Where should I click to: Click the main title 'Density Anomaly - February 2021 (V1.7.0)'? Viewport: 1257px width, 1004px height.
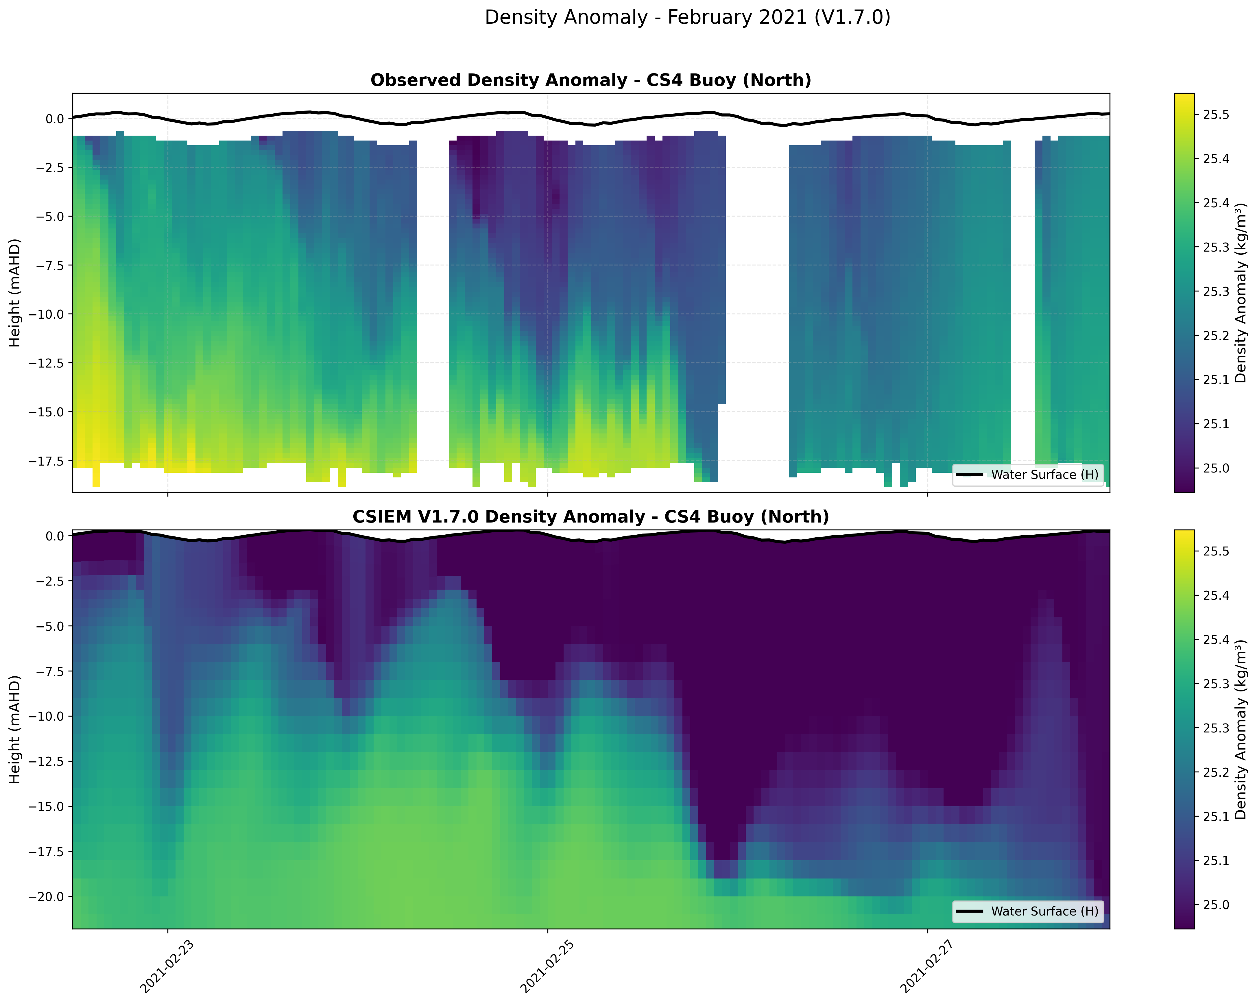(x=687, y=17)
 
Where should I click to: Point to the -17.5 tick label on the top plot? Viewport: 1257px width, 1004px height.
(x=47, y=461)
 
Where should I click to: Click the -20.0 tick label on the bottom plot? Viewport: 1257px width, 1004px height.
(x=47, y=897)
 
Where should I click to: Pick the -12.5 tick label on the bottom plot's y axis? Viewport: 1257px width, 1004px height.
(x=47, y=761)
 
